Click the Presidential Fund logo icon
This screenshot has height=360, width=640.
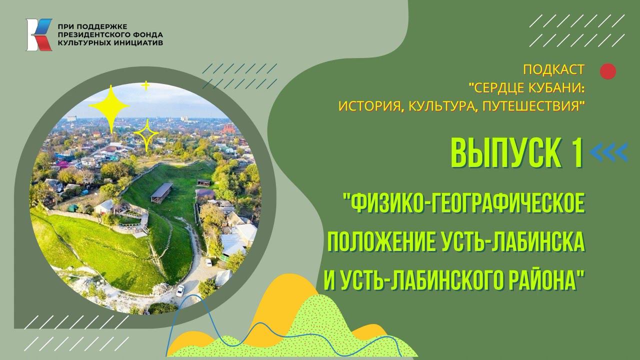pyautogui.click(x=39, y=34)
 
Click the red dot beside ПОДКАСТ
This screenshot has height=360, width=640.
pyautogui.click(x=607, y=71)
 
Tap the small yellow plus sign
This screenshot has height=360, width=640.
pyautogui.click(x=146, y=86)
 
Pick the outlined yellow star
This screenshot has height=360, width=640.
pyautogui.click(x=146, y=134)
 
